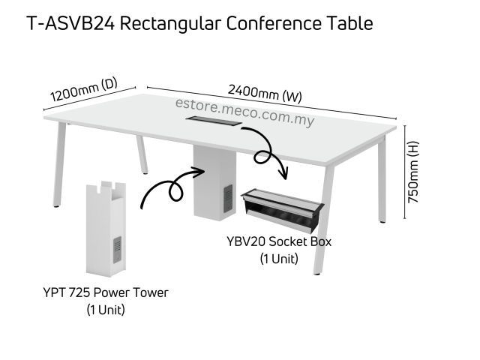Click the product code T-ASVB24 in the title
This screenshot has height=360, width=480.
click(x=70, y=24)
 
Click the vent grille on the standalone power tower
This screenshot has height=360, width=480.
click(x=117, y=252)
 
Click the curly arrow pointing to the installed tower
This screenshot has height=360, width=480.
click(x=171, y=187)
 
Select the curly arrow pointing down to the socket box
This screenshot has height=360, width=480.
click(x=266, y=150)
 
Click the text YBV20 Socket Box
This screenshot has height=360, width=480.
click(x=278, y=241)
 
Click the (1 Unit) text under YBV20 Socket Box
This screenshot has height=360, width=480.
click(x=278, y=259)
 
